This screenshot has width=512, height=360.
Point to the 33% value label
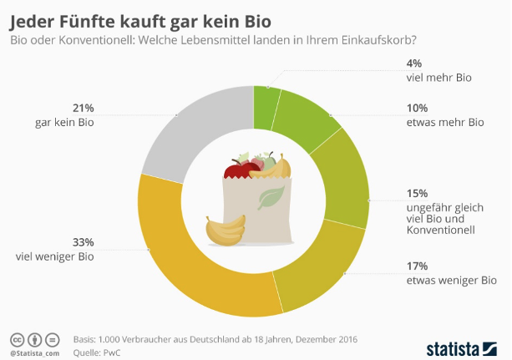[84, 242]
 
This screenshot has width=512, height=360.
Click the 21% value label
[84, 108]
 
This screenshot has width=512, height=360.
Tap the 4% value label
[413, 63]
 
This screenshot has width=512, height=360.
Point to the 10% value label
[418, 108]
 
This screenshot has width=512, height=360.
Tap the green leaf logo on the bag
[269, 199]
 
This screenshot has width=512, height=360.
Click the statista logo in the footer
[464, 346]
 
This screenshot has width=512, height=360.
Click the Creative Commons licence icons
[34, 340]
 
